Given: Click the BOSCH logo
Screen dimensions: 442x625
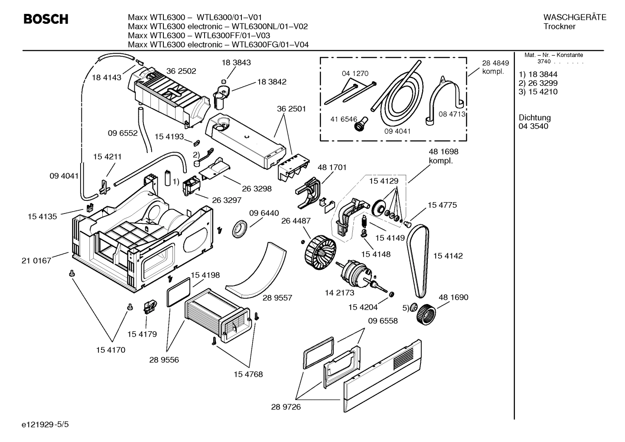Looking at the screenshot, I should point(46,20).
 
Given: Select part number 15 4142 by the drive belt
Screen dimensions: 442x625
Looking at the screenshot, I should point(448,256).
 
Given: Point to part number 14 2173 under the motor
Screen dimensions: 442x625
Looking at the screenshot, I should point(339,293).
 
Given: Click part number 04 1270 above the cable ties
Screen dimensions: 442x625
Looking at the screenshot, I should point(355,74).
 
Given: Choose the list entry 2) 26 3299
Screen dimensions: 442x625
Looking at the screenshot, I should point(538,83).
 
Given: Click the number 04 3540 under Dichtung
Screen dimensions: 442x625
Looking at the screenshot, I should point(533,126).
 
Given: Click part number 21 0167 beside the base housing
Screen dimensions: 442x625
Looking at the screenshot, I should point(36,261).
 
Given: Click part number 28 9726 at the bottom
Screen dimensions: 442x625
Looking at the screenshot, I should point(286,407).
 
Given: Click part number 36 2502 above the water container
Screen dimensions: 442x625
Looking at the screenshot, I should point(181,71).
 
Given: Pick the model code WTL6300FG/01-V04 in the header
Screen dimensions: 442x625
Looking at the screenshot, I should point(270,44).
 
